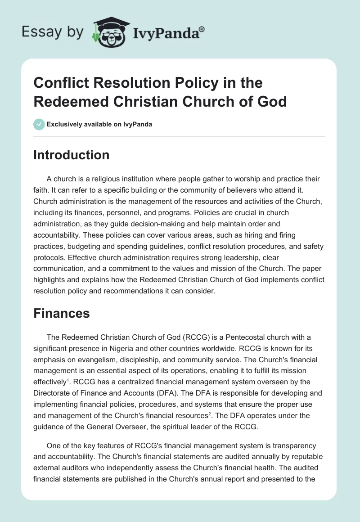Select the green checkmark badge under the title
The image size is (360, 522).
[39, 124]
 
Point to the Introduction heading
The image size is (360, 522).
[72, 155]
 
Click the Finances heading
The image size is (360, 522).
[62, 313]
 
